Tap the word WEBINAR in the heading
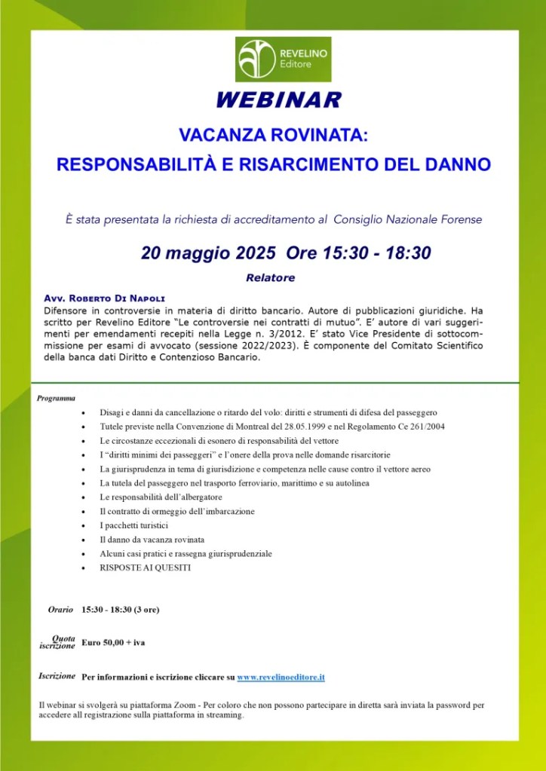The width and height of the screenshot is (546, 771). (278, 100)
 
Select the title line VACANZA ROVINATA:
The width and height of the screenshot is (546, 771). (273, 136)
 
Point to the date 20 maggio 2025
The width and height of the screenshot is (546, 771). (209, 253)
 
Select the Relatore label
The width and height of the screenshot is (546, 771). (270, 278)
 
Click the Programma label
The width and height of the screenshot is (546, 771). (55, 398)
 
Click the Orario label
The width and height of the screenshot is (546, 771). (60, 609)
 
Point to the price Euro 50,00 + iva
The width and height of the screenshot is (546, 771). (113, 642)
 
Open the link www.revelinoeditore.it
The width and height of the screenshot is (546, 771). (281, 678)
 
